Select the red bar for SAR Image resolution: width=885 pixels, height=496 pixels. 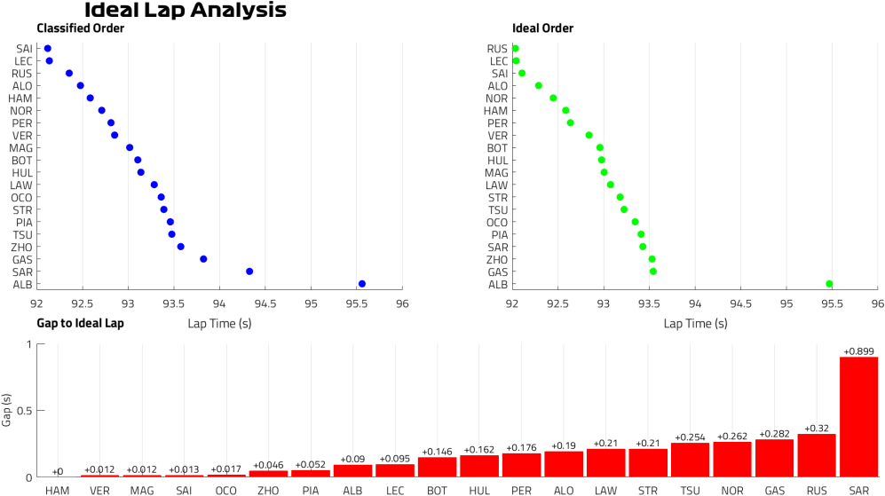[858, 417]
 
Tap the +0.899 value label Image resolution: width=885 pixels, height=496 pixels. [858, 350]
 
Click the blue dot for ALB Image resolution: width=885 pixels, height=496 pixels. [362, 284]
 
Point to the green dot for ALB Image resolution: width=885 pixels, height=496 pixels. [829, 284]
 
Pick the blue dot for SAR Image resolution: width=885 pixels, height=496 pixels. [249, 272]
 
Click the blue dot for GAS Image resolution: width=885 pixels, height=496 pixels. [203, 259]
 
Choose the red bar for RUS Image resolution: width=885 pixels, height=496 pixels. [817, 455]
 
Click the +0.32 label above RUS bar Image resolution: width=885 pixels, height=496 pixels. [817, 428]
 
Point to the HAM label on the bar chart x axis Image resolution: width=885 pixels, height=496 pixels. [58, 489]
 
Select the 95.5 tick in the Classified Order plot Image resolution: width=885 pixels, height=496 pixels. [356, 302]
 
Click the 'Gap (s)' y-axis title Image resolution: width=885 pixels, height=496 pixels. [7, 410]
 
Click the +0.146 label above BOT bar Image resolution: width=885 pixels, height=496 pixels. [437, 451]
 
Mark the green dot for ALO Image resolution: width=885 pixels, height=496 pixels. [538, 85]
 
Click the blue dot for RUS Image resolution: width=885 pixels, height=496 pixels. [69, 73]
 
